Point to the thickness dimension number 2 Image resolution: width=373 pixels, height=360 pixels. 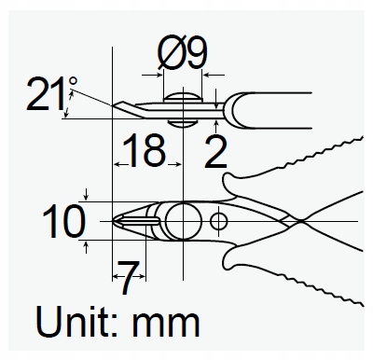pos(215,149)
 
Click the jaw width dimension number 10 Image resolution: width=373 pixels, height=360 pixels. pos(62,221)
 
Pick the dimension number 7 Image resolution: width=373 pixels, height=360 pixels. pos(130,272)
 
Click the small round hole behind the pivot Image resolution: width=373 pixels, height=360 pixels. pos(218,221)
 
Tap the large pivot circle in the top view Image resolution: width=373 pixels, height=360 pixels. pos(181,222)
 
